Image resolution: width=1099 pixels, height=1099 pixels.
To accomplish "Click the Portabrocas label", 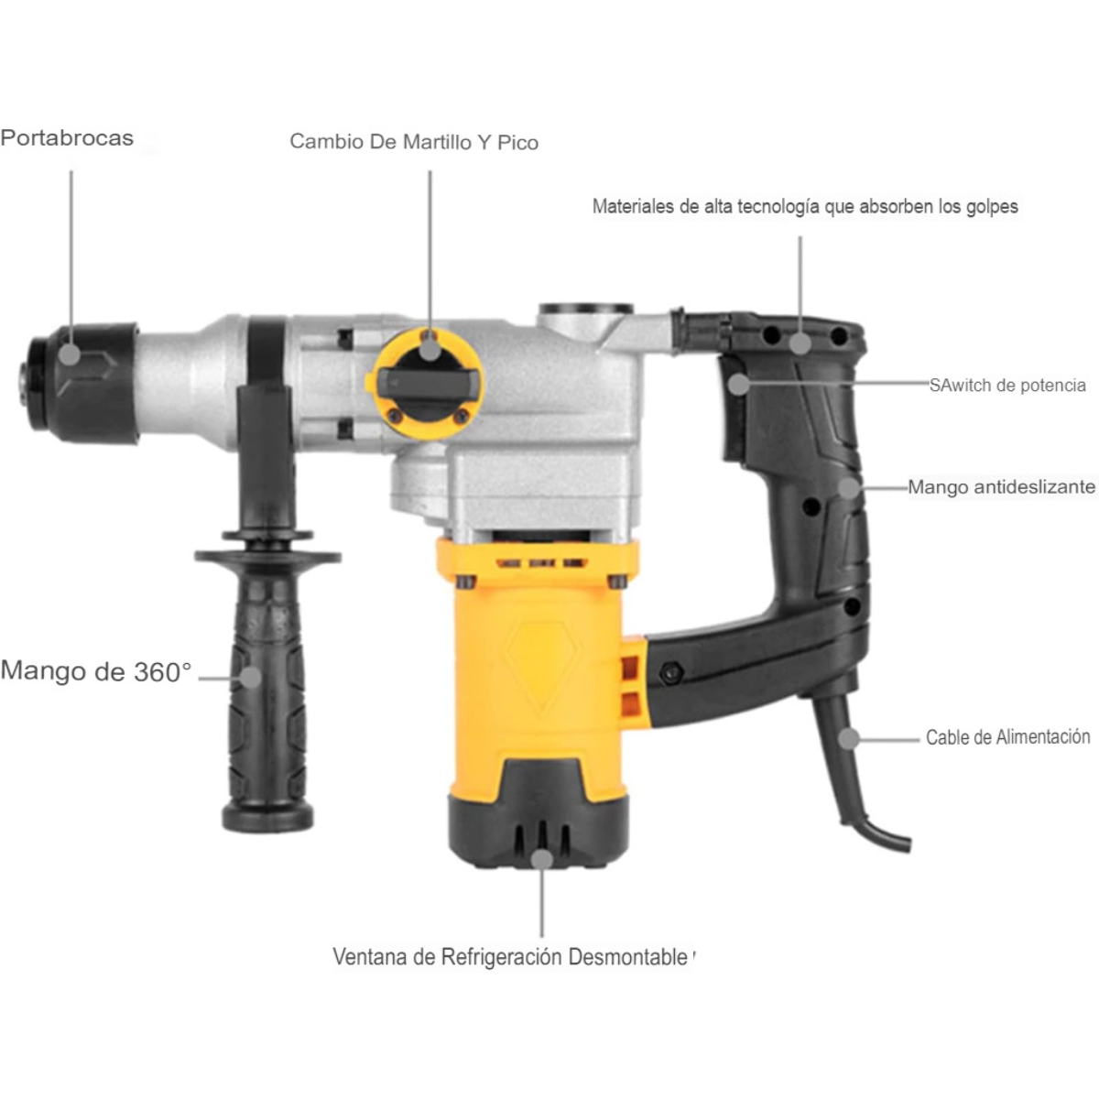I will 67,138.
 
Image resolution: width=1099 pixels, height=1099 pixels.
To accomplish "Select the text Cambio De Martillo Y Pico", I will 414,142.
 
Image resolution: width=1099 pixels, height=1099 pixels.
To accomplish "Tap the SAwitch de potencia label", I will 1007,386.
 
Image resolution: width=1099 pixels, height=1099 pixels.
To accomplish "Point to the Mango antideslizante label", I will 1001,487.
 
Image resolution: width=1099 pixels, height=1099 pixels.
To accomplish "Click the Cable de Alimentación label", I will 1007,737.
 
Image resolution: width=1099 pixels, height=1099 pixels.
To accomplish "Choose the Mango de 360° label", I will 96,671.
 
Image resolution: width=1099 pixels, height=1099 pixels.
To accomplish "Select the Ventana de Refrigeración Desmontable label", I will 510,957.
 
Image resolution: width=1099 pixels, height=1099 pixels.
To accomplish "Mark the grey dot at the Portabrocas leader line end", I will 71,354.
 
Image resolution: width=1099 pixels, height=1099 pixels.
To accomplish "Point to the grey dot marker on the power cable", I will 850,737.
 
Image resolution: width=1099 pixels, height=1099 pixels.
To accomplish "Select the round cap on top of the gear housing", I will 586,311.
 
